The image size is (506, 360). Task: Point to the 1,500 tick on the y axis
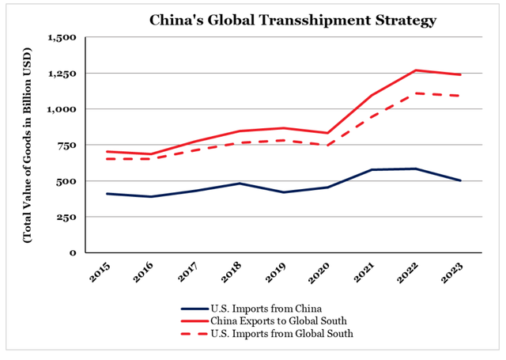pyautogui.click(x=62, y=37)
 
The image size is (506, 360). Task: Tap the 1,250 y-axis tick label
pyautogui.click(x=62, y=73)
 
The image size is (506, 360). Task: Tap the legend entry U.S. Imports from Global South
pyautogui.click(x=280, y=334)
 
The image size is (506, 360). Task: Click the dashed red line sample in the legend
pyautogui.click(x=193, y=334)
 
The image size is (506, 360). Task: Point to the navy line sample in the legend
pyautogui.click(x=193, y=309)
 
